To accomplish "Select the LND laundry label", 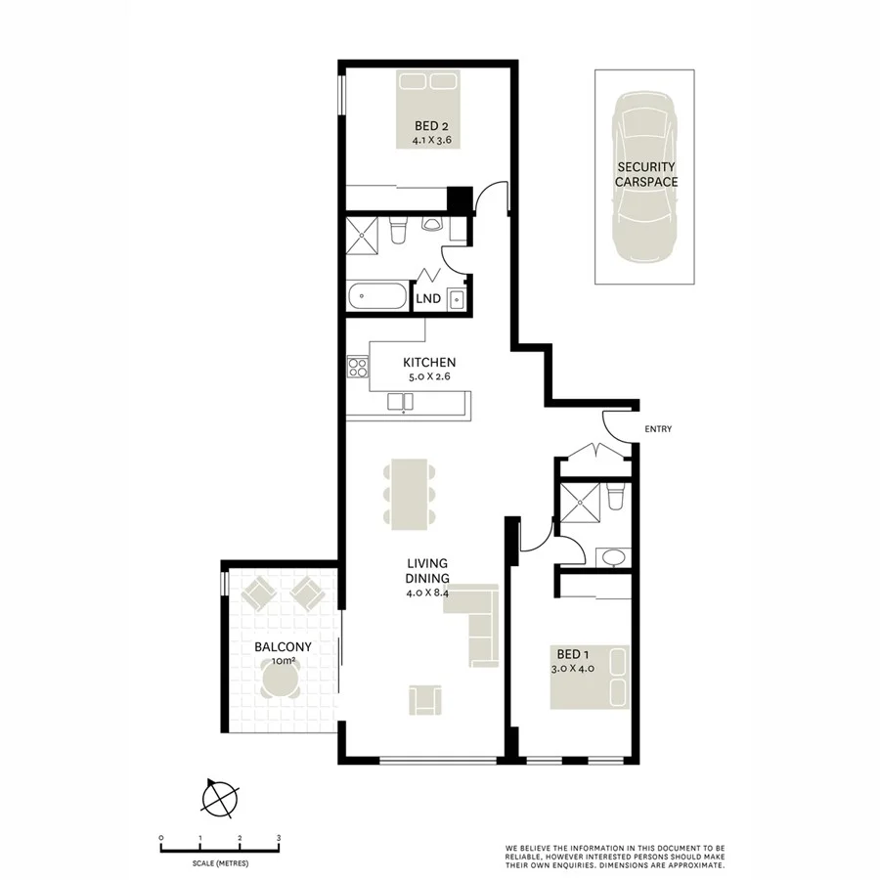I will pos(426,299).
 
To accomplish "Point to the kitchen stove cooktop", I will pos(358,368).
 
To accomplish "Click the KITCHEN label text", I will pos(431,362).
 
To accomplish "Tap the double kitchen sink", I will pos(400,401).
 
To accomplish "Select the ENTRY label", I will pos(658,429).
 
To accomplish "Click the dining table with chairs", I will pos(408,495).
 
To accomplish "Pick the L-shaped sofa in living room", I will pos(478,624).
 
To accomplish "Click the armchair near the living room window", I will pos(425,699).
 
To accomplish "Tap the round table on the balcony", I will pos(282,680).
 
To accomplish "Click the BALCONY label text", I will pos(283,646).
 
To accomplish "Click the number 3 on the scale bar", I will pos(279,838).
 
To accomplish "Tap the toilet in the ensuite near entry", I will pos(615,498).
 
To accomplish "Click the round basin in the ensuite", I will pos(612,558).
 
